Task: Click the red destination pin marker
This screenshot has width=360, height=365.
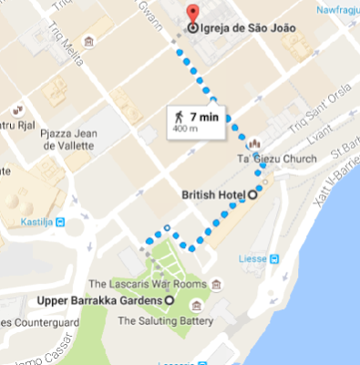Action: pos(192,14)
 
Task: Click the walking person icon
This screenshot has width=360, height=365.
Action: pos(180,117)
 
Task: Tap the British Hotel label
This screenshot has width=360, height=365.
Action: pos(213,193)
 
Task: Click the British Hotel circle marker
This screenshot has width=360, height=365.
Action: pos(252,193)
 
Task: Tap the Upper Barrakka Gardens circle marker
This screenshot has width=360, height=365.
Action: pos(170,300)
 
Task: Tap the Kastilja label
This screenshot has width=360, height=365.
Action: pos(26,221)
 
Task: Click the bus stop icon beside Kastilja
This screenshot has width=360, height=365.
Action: pos(60,221)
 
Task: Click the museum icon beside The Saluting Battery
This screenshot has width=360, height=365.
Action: pos(210,320)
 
